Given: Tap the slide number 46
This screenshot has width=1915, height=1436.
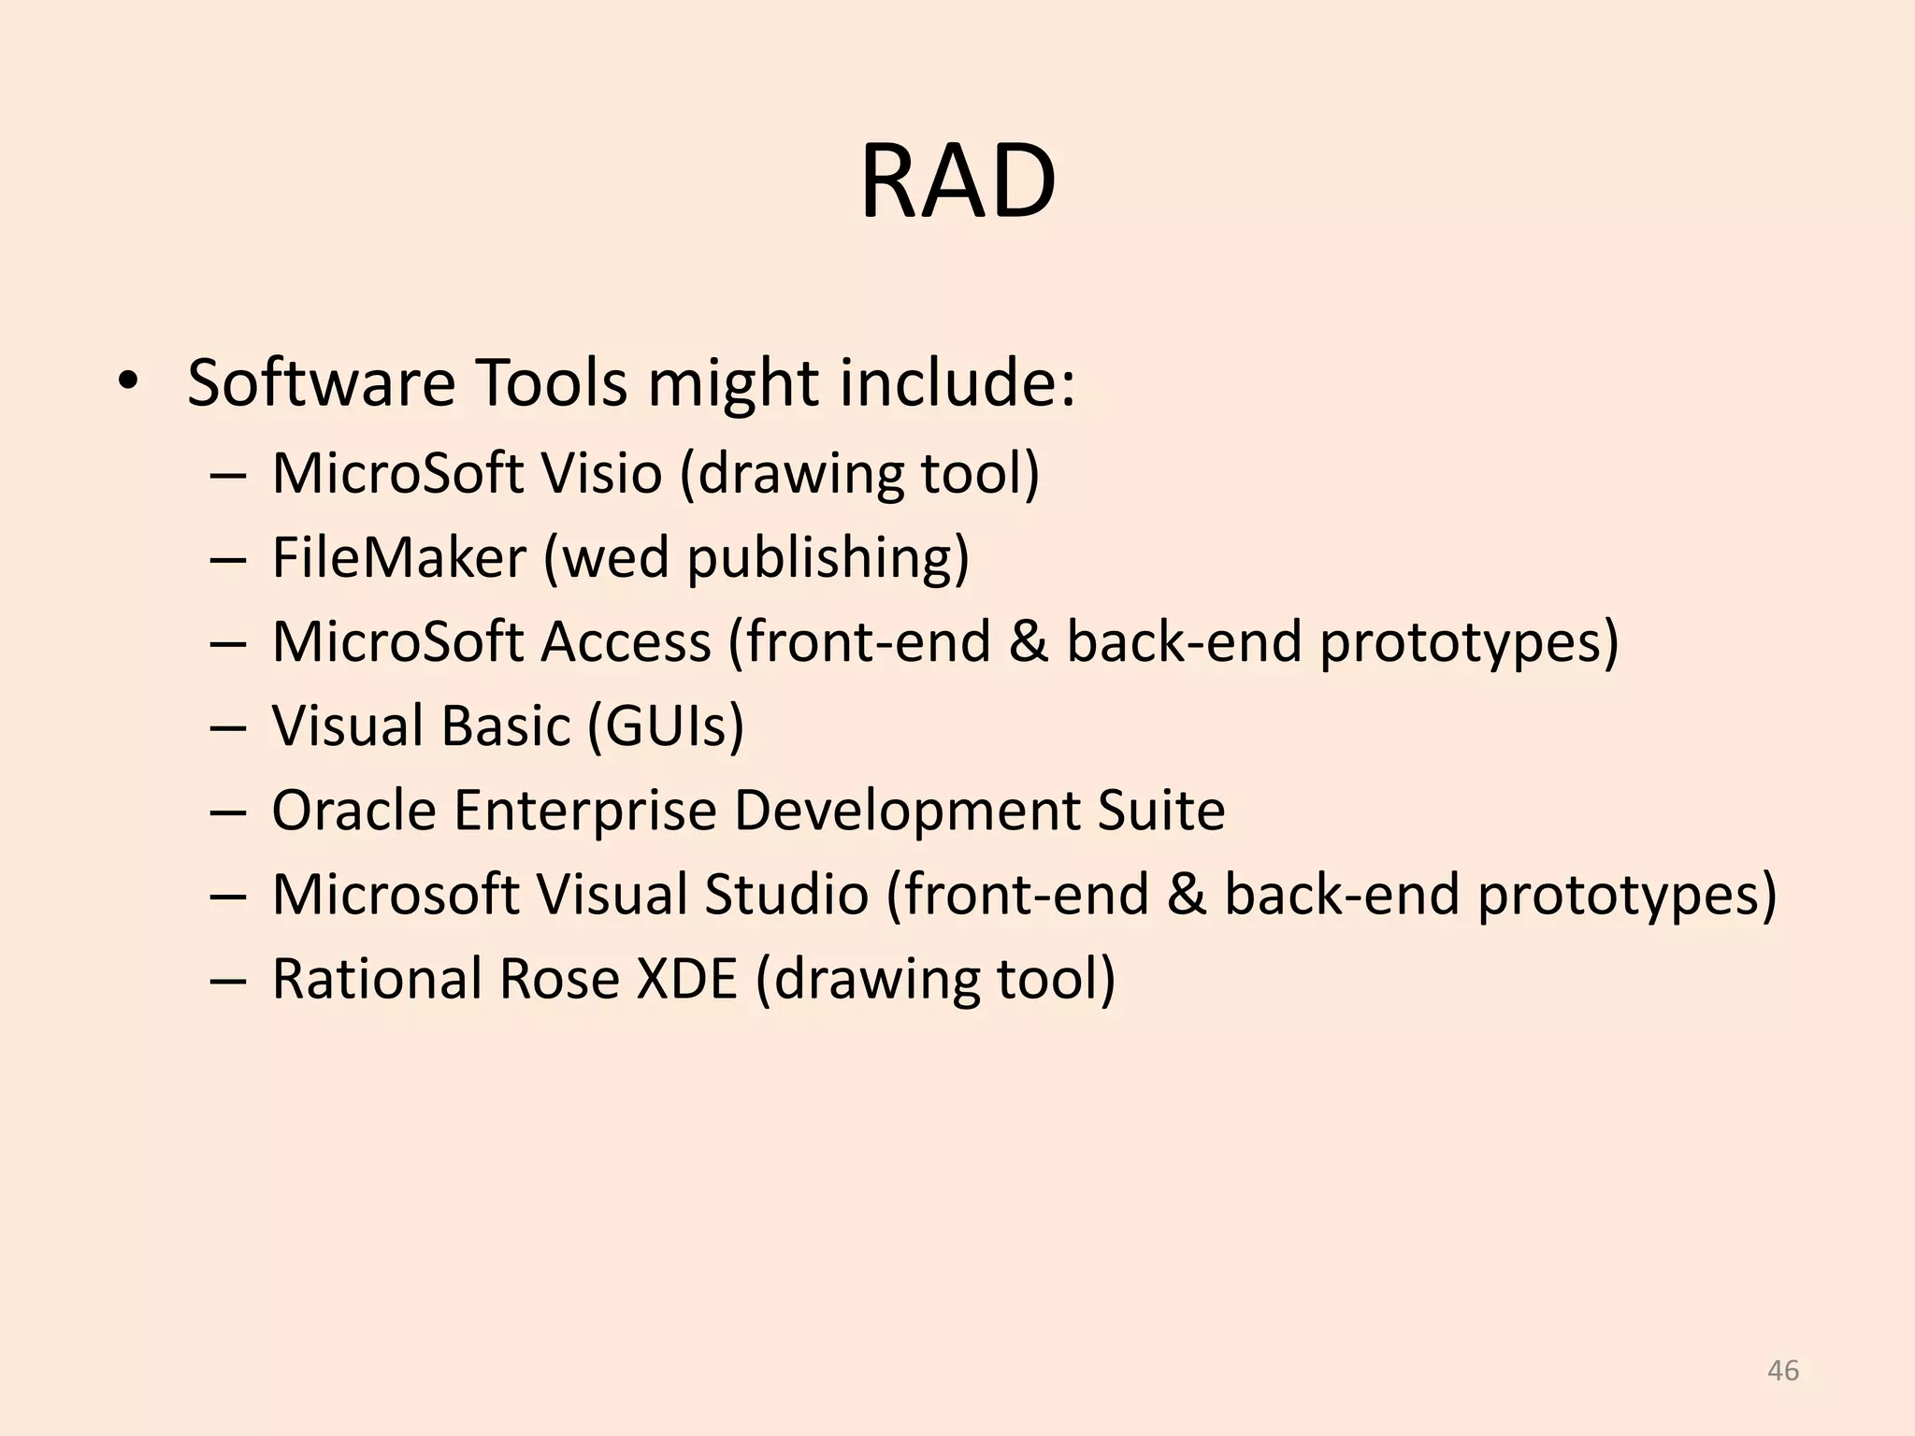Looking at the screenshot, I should (x=1783, y=1371).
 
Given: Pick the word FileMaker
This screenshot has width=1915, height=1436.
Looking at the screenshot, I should (x=399, y=558).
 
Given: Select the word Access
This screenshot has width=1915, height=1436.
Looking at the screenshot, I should (x=626, y=642).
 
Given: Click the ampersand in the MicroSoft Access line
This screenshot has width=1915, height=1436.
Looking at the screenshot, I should (x=1029, y=642).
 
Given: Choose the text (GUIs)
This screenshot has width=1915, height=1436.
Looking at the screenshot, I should (x=666, y=726).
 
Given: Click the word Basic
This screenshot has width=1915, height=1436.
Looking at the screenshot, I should (x=505, y=726).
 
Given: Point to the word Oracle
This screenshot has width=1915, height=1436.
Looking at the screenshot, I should (x=353, y=811).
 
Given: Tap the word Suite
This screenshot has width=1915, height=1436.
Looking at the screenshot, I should (x=1160, y=811).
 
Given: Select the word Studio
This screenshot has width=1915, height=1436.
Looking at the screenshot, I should (x=786, y=895).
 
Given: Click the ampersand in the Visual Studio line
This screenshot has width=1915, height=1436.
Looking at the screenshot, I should (x=1187, y=895).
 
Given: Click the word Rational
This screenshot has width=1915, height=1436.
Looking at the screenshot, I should (x=376, y=979).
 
